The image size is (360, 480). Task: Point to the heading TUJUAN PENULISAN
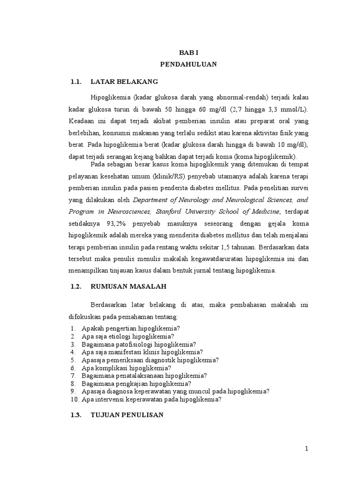pyautogui.click(x=127, y=414)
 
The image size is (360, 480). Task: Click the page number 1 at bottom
pyautogui.click(x=307, y=449)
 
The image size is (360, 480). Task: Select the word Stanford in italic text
pyautogui.click(x=169, y=211)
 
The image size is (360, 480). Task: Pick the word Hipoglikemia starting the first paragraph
pyautogui.click(x=111, y=97)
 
